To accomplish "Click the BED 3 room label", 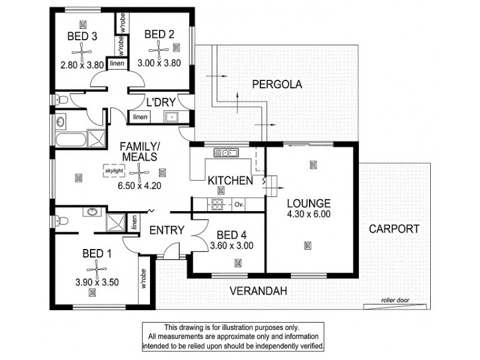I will point(82,37).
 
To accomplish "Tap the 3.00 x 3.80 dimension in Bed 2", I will point(159,63).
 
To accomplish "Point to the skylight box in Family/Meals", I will point(115,170).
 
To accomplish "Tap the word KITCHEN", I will point(229,180).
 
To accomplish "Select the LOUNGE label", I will point(308,202).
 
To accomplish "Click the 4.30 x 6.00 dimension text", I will point(308,214).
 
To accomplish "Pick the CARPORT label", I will point(394,229).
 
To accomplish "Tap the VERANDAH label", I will point(257,291).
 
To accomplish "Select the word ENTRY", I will point(166,230).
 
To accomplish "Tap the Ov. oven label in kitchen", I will point(238,205).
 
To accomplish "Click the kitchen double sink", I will point(229,153).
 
